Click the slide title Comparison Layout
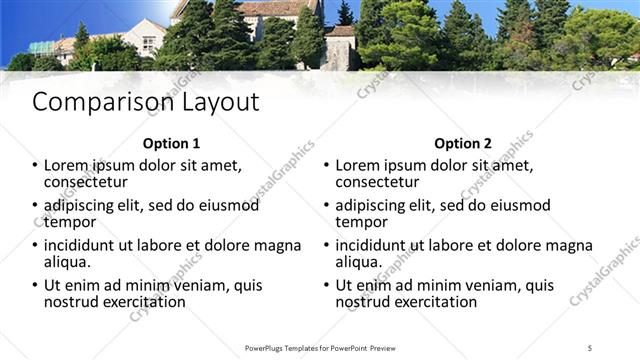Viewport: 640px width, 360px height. point(146,102)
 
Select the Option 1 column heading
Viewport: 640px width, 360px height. point(171,143)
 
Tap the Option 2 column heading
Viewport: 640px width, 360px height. point(463,143)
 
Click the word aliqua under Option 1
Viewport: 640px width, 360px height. point(67,262)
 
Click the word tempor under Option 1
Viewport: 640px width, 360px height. point(69,222)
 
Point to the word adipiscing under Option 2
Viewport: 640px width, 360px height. point(375,205)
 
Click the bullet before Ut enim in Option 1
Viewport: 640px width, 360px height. point(35,286)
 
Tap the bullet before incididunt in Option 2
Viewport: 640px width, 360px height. point(326,246)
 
